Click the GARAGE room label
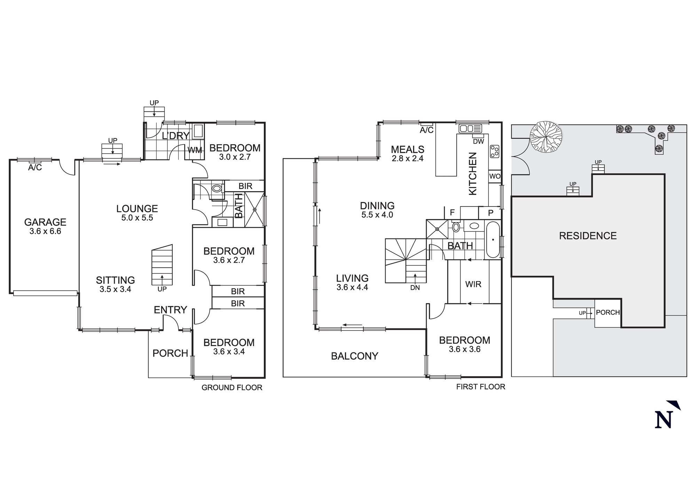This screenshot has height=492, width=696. (45, 222)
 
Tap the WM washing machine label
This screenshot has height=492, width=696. (195, 150)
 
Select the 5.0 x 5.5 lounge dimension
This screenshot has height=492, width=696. (137, 218)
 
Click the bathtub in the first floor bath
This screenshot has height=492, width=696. (493, 240)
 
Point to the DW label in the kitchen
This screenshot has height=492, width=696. (478, 141)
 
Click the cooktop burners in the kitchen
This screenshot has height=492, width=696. (495, 151)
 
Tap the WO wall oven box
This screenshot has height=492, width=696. (495, 176)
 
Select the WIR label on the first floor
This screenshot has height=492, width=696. (473, 284)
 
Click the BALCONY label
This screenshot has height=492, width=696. (354, 356)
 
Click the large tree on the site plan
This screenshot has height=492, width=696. (545, 137)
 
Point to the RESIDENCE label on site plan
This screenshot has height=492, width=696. (588, 236)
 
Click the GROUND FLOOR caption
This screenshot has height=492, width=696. (232, 388)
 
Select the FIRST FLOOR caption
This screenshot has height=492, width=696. (481, 386)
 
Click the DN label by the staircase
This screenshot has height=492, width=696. (415, 288)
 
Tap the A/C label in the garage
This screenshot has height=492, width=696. (35, 168)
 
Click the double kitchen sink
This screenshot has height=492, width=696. (470, 128)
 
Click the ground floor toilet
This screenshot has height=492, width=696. (217, 189)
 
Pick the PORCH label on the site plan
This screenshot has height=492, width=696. (608, 312)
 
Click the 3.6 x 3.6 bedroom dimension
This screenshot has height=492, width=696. (465, 349)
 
